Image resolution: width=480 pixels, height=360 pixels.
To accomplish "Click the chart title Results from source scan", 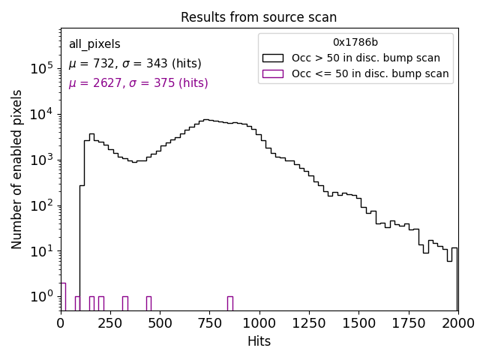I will click(259, 17).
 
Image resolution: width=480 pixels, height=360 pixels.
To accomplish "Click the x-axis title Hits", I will click(259, 342).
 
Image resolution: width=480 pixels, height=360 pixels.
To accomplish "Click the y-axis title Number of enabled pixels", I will click(17, 169).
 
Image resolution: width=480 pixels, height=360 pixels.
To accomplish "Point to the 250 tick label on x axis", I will click(110, 323).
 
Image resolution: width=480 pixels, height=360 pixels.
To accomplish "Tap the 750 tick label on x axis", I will click(209, 323).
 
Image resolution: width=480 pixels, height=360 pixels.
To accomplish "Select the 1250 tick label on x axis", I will click(309, 323).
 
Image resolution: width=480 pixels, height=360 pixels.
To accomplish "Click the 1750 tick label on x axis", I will click(408, 323).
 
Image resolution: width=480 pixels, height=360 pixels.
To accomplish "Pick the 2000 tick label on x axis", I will click(457, 323).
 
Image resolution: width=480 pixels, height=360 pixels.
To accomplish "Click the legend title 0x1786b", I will click(355, 42).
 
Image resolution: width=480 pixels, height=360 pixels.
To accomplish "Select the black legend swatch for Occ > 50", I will click(272, 58).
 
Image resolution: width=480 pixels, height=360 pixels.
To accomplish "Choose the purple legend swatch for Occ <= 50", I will click(272, 73).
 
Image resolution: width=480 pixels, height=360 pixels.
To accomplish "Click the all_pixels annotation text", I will click(94, 44).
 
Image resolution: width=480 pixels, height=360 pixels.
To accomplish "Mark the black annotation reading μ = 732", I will click(135, 64).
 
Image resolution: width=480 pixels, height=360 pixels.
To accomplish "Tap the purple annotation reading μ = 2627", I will click(138, 83).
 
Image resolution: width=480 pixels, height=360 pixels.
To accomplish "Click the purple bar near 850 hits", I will click(229, 303).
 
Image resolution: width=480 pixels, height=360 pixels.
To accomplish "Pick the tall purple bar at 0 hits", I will click(63, 296).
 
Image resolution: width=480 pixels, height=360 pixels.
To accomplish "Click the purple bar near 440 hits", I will click(148, 303).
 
